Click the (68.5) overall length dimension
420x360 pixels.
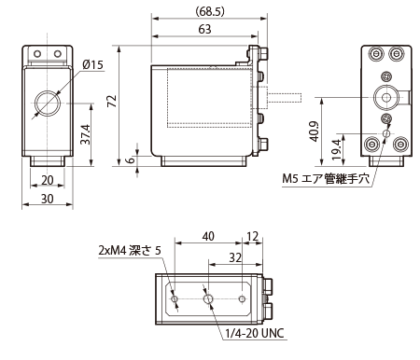pos(210,12)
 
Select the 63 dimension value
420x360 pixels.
pos(204,29)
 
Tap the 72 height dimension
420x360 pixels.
pos(112,102)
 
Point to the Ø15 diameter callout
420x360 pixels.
pos(92,64)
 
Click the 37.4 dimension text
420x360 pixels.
pos(85,134)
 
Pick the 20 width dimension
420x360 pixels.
pos(48,180)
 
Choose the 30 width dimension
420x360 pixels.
pos(48,199)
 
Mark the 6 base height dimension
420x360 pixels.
pos(131,159)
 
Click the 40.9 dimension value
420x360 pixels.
pos(315,132)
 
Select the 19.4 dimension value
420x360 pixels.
pos(337,149)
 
